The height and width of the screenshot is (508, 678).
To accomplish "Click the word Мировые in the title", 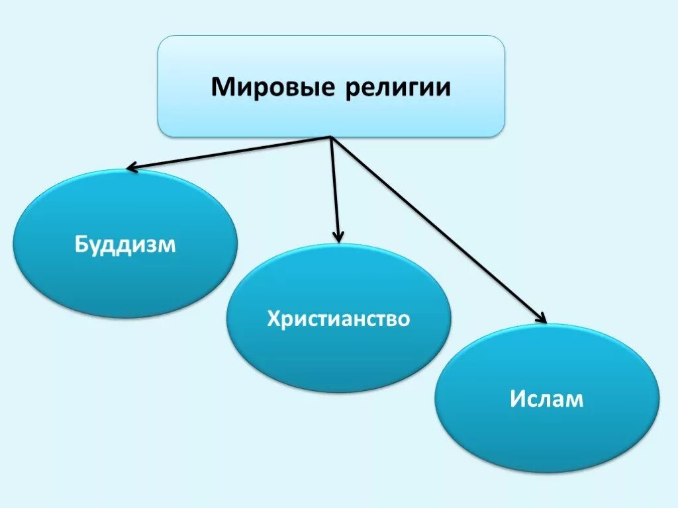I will click(x=272, y=87).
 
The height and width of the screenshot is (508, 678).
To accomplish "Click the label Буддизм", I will click(x=125, y=245).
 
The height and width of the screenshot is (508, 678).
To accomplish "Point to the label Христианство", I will click(x=338, y=319).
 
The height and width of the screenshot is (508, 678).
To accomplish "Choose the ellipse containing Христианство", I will click(x=338, y=357).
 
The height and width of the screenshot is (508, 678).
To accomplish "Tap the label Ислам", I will click(x=547, y=399).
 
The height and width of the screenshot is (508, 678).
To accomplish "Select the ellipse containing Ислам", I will click(x=547, y=437).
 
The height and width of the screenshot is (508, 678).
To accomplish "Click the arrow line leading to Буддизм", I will click(x=228, y=153).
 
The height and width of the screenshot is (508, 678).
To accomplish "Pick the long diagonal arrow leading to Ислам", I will click(x=437, y=228).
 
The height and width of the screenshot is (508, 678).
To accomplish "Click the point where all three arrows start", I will click(x=330, y=138).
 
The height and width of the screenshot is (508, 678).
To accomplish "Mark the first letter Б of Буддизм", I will click(x=80, y=245).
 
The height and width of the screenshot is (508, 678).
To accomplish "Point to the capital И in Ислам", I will click(x=518, y=399).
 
